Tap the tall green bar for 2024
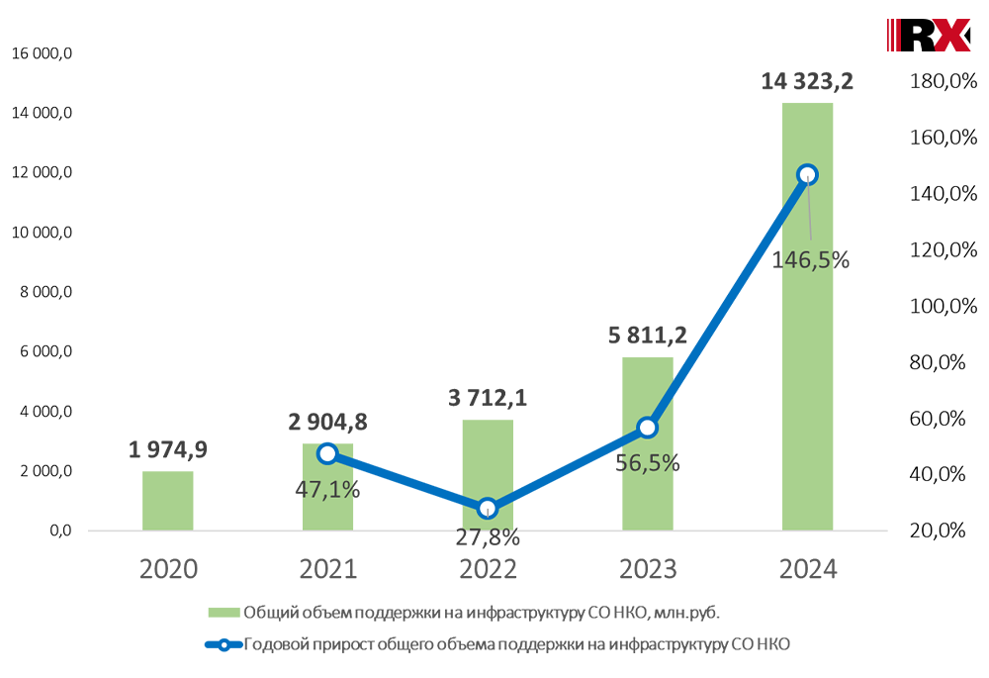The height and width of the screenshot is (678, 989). click(807, 327)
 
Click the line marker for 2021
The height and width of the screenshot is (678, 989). click(327, 453)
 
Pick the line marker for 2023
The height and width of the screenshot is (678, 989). click(647, 428)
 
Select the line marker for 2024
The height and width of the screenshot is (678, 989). click(807, 174)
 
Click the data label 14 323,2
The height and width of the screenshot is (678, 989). click(807, 81)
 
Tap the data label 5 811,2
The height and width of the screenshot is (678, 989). click(647, 335)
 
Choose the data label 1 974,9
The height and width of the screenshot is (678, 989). click(167, 450)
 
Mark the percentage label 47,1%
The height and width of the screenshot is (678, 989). click(327, 488)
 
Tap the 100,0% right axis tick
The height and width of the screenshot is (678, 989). click(935, 306)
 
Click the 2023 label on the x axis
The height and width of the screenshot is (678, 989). click(647, 569)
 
